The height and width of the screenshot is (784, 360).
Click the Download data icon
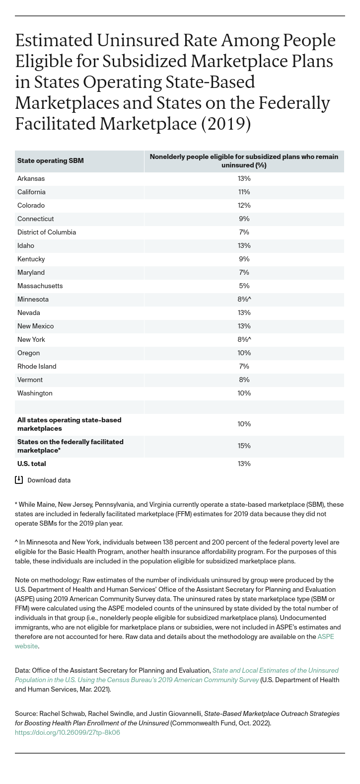coord(19,480)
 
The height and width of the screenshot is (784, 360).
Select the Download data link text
coord(49,480)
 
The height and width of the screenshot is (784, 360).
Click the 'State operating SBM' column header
coord(50,161)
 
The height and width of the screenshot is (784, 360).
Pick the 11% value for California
coord(244,192)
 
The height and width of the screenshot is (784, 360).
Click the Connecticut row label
coord(35,219)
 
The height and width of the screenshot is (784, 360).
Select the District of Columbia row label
coord(46,233)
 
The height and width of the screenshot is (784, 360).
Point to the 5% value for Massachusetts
coord(244,286)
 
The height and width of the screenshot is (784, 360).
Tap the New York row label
coord(31,340)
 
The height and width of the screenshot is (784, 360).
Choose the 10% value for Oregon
coord(244,353)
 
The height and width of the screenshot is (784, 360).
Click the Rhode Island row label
coord(37,367)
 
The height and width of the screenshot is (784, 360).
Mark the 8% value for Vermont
coord(244,380)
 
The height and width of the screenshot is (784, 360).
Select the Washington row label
coord(35,393)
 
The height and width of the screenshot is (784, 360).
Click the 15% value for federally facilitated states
coord(244,446)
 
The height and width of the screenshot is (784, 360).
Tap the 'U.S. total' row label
coord(32,464)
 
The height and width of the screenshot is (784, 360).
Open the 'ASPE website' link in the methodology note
coord(325,637)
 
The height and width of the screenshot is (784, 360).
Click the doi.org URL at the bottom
coord(68,732)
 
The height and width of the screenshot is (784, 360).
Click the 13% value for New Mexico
coord(244,326)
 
